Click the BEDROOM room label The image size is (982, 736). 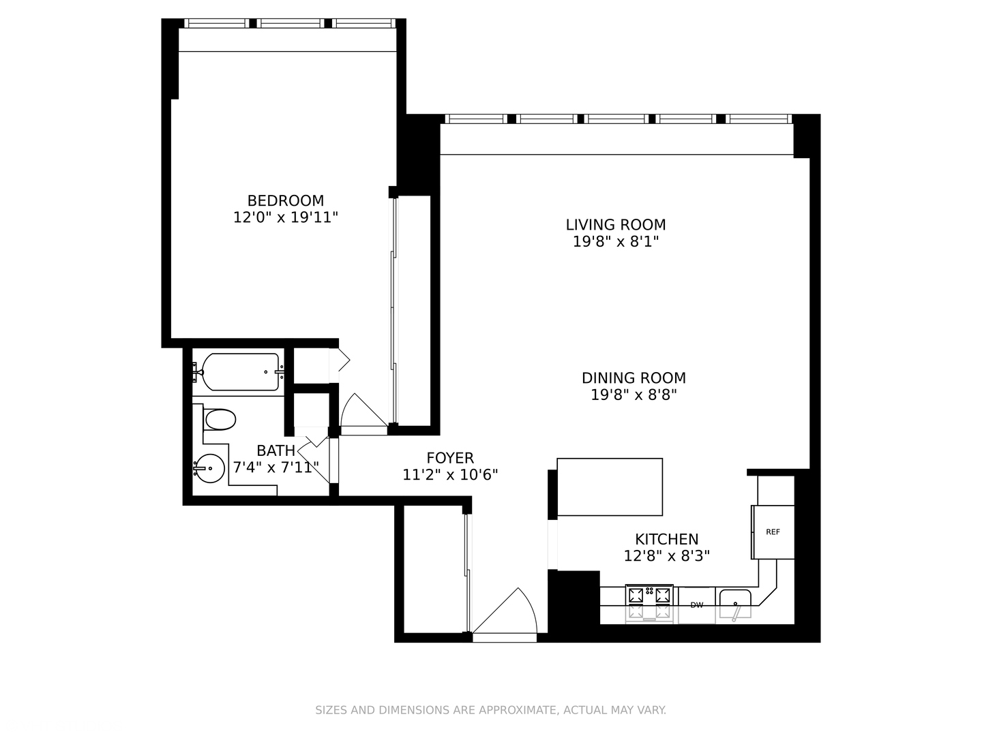(285, 200)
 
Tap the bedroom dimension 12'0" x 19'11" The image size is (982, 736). (285, 217)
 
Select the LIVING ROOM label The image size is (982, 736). (615, 224)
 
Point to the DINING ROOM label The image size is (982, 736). (634, 378)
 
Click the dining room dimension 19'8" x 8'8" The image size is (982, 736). (634, 395)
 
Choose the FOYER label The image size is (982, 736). (450, 458)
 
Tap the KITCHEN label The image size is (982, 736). (666, 539)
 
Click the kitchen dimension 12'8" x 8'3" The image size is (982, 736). (666, 556)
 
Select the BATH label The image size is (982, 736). (276, 450)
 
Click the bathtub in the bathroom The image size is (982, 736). (241, 372)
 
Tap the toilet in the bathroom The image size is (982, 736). (220, 419)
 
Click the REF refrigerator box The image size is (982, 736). (773, 532)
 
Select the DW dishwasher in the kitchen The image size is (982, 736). (696, 604)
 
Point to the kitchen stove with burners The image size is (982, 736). (649, 603)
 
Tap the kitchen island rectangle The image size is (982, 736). (610, 487)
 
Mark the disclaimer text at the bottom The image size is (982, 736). (490, 710)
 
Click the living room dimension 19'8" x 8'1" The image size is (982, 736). (615, 241)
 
